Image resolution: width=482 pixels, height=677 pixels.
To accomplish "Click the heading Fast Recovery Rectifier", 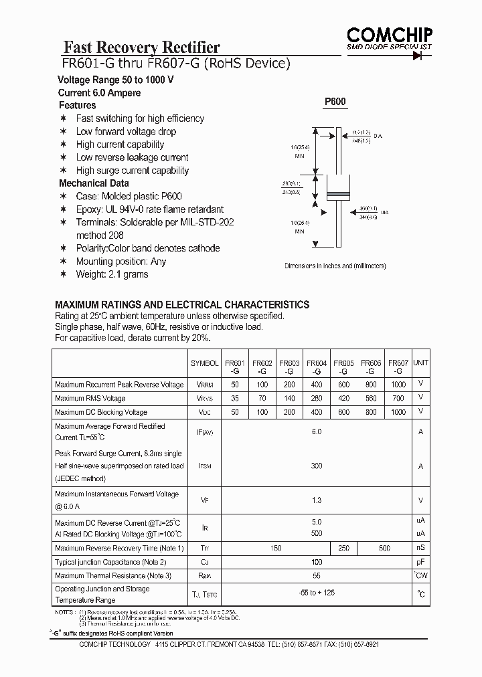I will pos(141,47).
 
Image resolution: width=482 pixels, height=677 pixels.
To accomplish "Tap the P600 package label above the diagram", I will pos(335,102).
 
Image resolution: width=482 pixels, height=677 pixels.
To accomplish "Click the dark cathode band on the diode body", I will pos(335,195).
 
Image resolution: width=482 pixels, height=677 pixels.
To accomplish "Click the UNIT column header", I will pos(420,363).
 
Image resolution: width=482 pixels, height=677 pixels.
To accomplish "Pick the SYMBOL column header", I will pos(204,363).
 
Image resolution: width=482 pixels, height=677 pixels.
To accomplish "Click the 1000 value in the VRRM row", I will pos(398,385).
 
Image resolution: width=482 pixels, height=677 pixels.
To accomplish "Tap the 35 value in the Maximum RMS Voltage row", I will pos(234,399).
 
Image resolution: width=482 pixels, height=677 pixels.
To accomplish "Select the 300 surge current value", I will pos(317,466).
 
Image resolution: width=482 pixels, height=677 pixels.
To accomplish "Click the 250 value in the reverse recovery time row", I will pos(344,549).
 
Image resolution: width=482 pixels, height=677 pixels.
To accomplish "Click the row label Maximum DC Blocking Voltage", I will pos(101,412).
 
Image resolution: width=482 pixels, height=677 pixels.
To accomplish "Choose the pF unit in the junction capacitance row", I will pos(420,562).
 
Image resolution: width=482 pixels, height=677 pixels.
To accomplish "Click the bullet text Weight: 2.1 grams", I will pos(112,274).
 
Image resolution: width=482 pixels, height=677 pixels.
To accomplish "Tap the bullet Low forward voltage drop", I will pos(126,132).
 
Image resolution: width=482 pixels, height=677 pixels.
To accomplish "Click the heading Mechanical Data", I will pos(94,183).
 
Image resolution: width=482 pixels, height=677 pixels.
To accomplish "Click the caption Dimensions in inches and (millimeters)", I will pos(335,266).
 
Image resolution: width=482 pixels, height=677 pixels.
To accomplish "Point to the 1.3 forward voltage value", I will pos(317,500).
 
